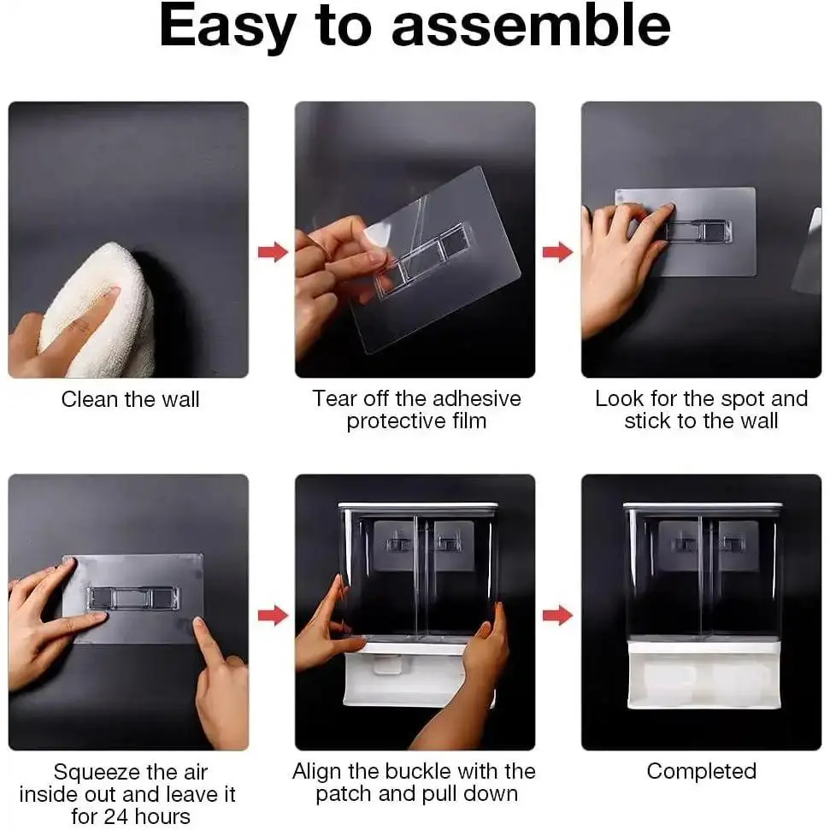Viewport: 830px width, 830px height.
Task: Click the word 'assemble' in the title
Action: click(x=531, y=26)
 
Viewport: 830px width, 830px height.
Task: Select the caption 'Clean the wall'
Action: click(x=130, y=399)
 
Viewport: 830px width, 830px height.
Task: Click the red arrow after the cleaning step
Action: click(x=274, y=251)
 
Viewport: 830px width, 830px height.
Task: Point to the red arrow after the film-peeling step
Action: click(x=558, y=251)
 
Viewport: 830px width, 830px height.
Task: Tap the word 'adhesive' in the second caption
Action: click(x=471, y=398)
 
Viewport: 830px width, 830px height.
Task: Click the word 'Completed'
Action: click(x=702, y=771)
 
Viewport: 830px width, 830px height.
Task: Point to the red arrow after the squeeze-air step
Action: click(x=274, y=615)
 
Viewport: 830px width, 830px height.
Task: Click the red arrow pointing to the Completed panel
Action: click(x=558, y=615)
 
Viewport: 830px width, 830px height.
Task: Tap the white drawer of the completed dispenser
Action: click(x=703, y=675)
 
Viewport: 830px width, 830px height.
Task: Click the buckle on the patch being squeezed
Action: click(x=133, y=598)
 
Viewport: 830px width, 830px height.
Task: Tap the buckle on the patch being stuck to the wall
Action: click(x=698, y=230)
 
